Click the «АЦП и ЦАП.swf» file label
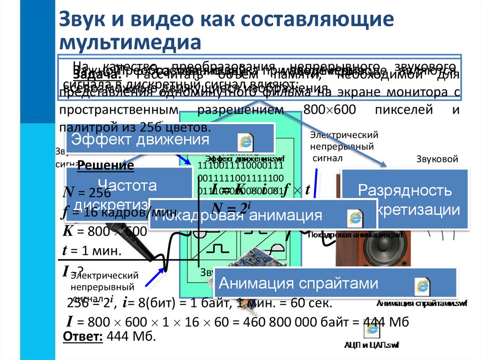tap(371, 345)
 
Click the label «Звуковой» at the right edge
tap(437, 159)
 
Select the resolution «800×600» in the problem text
tap(331, 111)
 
